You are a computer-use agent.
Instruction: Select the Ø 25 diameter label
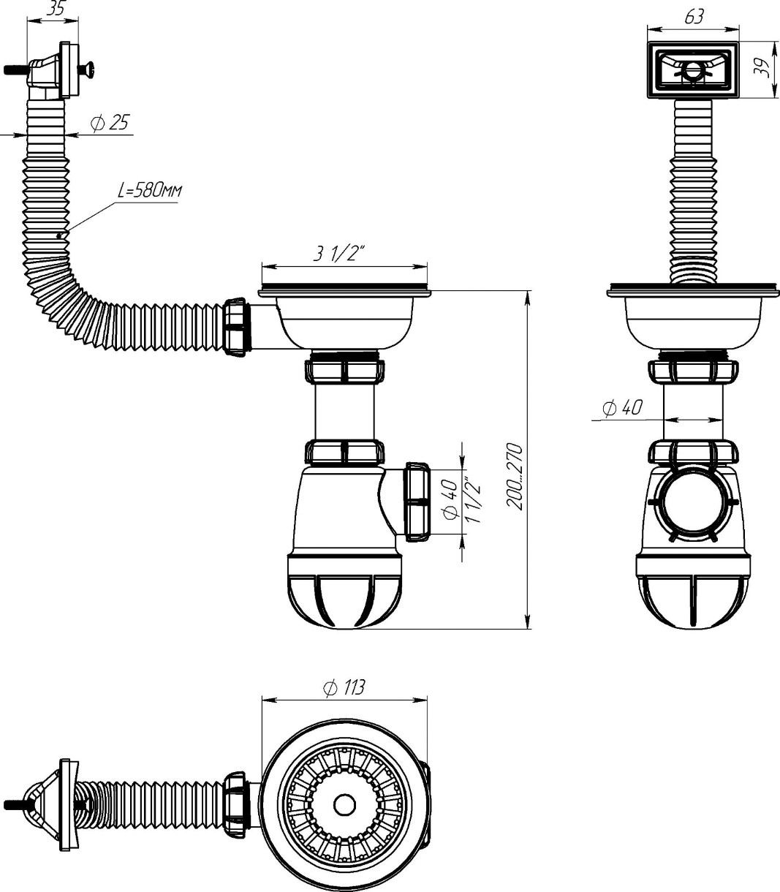tap(110, 123)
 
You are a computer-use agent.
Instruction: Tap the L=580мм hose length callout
tap(149, 192)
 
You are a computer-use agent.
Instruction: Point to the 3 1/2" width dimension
tap(339, 254)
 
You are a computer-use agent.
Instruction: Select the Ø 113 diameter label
tap(344, 687)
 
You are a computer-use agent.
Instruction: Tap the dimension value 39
tap(760, 69)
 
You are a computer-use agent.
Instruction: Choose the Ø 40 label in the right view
tap(623, 407)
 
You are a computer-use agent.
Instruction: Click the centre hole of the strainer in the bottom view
tap(343, 804)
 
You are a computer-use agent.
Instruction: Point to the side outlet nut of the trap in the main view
tap(416, 501)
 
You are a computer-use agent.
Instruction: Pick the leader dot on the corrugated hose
tap(59, 235)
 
